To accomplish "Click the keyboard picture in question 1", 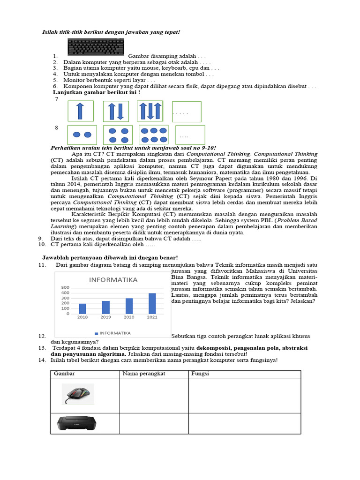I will [96, 48].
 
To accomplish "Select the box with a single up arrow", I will [81, 111].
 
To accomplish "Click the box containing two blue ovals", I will [82, 135].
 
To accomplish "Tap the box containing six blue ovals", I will [154, 135].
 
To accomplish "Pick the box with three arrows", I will [150, 111].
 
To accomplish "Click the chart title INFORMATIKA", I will [111, 280].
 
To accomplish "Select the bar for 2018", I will [82, 308].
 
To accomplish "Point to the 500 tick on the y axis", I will [65, 288].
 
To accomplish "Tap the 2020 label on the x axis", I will [129, 317].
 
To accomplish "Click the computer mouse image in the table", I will [78, 394].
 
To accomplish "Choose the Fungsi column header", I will [200, 374].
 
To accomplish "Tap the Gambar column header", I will [65, 374].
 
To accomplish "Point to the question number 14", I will [42, 360].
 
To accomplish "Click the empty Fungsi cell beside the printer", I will [244, 424].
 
